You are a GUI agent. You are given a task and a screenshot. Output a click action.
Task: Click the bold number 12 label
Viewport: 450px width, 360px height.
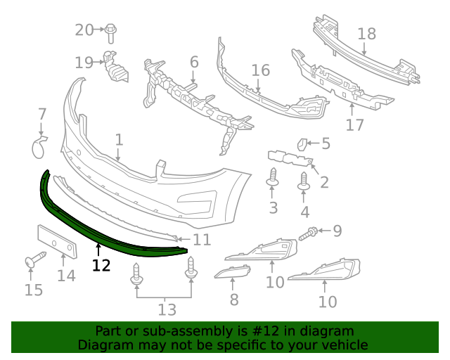coord(101,265)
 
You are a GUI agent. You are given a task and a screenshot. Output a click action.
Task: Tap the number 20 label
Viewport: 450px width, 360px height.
coord(84,30)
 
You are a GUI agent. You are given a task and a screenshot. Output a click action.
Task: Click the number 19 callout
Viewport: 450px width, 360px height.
coord(84,63)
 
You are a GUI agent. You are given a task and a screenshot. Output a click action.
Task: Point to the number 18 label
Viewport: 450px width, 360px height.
coord(367,33)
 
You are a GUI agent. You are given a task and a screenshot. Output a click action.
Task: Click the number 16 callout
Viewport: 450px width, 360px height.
coord(261,70)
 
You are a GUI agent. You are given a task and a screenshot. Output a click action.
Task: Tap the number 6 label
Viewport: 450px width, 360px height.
coord(194,62)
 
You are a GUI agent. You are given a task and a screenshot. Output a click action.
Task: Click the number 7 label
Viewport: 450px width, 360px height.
coord(42,113)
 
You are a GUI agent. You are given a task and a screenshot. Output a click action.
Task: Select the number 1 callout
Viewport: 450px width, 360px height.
coord(119,139)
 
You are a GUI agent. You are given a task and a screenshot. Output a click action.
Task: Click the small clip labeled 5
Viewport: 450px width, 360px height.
coord(300,144)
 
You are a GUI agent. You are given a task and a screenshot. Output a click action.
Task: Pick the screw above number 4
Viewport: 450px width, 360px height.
coord(304,180)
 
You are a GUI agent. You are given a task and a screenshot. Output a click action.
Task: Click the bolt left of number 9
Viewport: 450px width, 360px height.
coord(309,233)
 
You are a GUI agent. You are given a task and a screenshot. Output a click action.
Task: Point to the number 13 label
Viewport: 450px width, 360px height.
coord(167,309)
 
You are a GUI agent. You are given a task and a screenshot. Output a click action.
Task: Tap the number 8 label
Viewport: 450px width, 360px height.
coord(234,300)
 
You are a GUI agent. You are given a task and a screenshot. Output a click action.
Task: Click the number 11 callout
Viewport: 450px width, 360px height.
coord(202,240)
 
